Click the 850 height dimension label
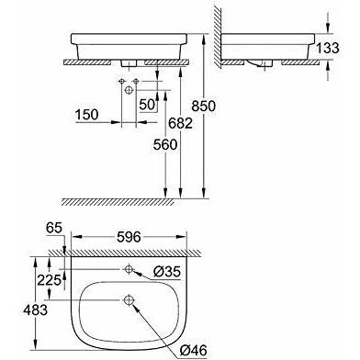click(204, 107)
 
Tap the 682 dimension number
click(181, 123)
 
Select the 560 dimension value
click(165, 145)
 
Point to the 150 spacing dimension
click(87, 115)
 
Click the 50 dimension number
click(147, 105)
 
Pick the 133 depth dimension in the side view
click(328, 48)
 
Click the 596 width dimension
click(129, 237)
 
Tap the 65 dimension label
click(54, 228)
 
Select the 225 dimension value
click(49, 280)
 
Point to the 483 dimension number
click(36, 310)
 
